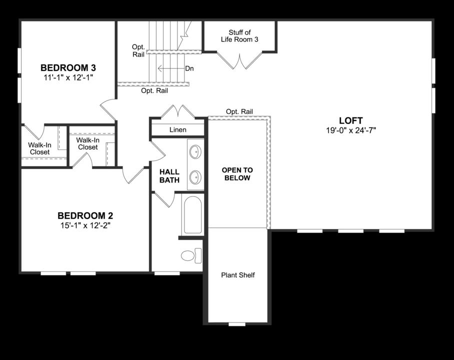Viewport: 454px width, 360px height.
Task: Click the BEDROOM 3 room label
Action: pyautogui.click(x=68, y=67)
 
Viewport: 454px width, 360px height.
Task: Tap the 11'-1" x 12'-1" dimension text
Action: pyautogui.click(x=68, y=77)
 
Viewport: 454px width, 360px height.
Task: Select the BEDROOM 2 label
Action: pyautogui.click(x=85, y=215)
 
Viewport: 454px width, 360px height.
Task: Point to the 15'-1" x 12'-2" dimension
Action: pyautogui.click(x=85, y=225)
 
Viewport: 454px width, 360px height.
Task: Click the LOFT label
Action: pyautogui.click(x=350, y=120)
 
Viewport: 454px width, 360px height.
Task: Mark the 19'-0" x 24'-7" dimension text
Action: pyautogui.click(x=350, y=130)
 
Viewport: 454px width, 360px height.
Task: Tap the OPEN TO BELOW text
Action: pyautogui.click(x=237, y=174)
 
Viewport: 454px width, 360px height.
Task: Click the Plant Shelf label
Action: pyautogui.click(x=237, y=275)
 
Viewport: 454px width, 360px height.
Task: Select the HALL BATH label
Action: pyautogui.click(x=169, y=176)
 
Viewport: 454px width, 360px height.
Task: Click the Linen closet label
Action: pyautogui.click(x=177, y=130)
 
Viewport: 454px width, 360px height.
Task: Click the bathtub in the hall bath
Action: pyautogui.click(x=192, y=215)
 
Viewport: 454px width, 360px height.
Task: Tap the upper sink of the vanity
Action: pyautogui.click(x=195, y=151)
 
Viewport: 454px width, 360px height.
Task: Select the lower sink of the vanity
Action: pyautogui.click(x=195, y=176)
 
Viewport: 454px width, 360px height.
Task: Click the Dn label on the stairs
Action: pyautogui.click(x=189, y=68)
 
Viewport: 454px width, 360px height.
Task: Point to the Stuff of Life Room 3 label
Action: pyautogui.click(x=239, y=36)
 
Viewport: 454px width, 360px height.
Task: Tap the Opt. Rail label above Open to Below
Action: pyautogui.click(x=239, y=111)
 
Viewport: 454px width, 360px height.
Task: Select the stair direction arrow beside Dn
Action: pyautogui.click(x=170, y=68)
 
